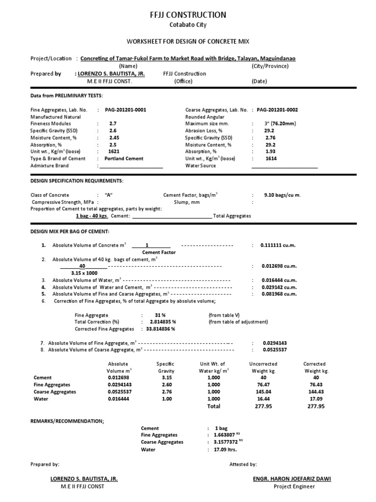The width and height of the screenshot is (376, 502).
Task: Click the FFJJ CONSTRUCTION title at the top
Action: [188, 15]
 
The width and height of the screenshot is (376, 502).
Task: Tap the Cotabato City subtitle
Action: [188, 25]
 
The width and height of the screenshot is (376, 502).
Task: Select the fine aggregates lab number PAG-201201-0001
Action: [129, 110]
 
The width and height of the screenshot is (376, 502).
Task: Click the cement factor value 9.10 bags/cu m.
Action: [282, 195]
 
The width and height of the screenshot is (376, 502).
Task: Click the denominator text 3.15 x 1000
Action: [84, 273]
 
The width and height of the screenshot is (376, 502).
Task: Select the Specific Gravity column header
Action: [165, 367]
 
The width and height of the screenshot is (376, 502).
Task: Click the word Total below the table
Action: [213, 406]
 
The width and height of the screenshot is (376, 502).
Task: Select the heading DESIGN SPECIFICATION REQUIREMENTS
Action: [77, 181]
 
